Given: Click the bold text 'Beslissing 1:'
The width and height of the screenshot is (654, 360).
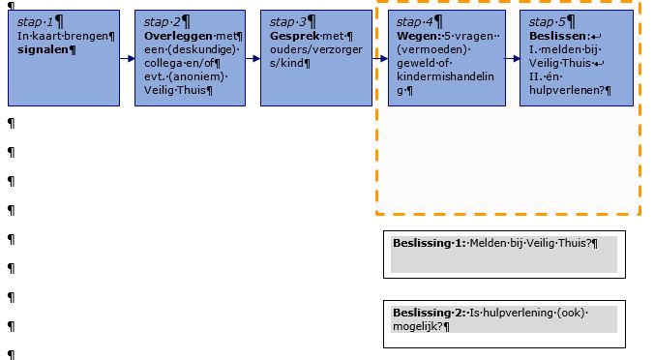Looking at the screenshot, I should click(x=430, y=242).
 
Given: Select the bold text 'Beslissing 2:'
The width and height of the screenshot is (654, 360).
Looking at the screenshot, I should click(x=430, y=313).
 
